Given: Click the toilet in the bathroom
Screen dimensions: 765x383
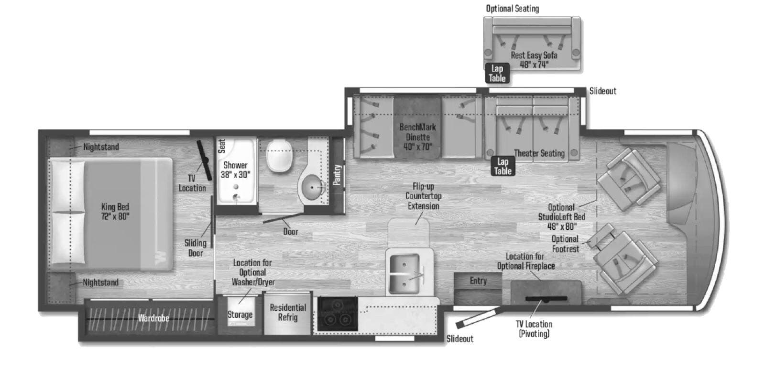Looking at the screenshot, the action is click(279, 155).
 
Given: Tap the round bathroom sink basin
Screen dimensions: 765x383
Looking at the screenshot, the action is click(312, 187).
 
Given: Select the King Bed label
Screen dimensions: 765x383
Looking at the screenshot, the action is click(115, 211).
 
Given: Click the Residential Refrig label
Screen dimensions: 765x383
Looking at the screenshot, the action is click(288, 312).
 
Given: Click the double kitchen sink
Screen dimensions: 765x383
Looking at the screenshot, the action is click(404, 273).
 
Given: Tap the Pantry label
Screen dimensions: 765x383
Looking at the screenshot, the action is click(337, 175).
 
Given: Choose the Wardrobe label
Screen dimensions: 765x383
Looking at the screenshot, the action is click(153, 318).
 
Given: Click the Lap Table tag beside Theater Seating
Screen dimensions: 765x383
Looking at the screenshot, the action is click(503, 167).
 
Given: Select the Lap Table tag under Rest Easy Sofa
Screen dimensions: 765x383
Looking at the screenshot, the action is click(497, 74).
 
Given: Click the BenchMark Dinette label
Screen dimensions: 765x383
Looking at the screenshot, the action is click(418, 137).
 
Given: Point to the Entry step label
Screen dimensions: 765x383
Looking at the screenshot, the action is click(478, 281).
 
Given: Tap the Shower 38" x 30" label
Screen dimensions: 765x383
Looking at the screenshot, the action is click(235, 169).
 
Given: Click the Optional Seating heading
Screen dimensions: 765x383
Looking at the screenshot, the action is click(512, 9).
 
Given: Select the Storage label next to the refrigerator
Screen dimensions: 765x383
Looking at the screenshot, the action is click(240, 315).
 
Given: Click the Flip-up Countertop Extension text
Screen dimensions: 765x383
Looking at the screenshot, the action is click(424, 196).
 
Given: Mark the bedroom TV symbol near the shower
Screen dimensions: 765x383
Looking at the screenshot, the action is click(205, 160).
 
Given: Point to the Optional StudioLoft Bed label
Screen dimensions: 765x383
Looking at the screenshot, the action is click(562, 217).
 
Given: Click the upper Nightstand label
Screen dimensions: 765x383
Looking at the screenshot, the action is click(101, 147).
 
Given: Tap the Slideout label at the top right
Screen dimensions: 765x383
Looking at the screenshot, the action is click(603, 91).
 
